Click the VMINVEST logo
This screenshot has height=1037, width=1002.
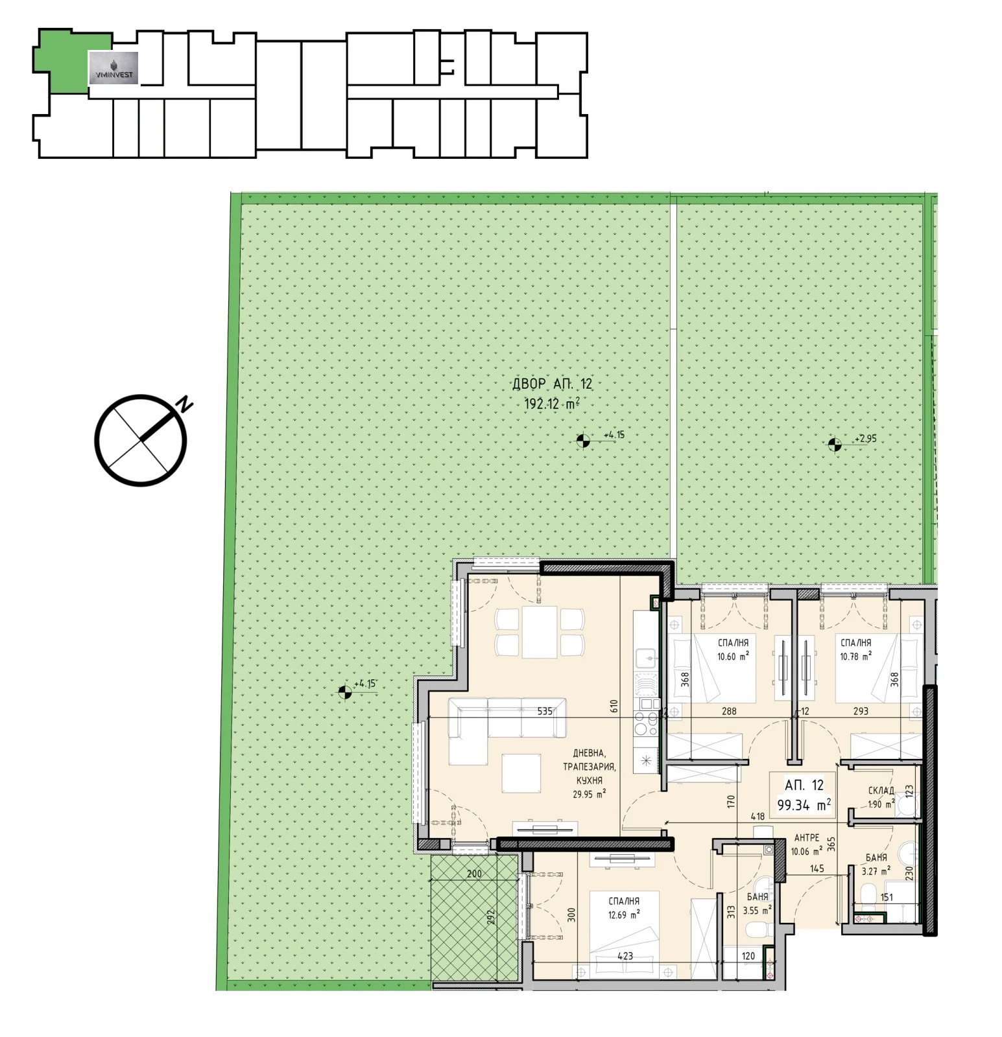point(113,67)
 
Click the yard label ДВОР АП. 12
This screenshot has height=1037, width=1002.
point(552,384)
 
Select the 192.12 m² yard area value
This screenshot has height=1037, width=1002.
point(552,404)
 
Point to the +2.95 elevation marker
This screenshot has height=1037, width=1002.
point(865,439)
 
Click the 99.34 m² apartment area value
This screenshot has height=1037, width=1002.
point(804,805)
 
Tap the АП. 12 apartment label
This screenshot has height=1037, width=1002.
point(804,785)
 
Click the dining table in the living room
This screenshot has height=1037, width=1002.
point(540,631)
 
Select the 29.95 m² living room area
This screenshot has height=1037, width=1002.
point(589,794)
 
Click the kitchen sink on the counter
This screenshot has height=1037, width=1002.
point(647,659)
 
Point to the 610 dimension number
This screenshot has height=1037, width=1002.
point(614,706)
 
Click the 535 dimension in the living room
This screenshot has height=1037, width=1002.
point(545,711)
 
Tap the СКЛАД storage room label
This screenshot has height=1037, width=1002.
point(881,791)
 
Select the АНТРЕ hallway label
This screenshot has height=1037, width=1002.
point(807,837)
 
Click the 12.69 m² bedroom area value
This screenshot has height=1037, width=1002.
point(624,915)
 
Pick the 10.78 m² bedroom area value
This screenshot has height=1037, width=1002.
point(855,657)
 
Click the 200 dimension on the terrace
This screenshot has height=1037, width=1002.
point(474,874)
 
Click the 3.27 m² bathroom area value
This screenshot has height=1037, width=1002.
point(876,871)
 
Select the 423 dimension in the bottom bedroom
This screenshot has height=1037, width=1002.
point(625,956)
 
